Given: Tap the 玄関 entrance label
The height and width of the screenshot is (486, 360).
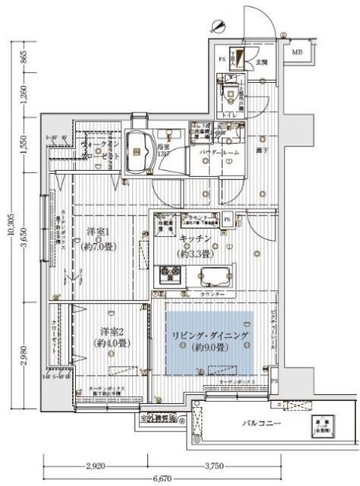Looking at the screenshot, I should click(261, 62).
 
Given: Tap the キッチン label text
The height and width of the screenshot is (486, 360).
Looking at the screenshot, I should click(200, 237).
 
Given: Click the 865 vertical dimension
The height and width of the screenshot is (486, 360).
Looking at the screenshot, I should click(24, 57).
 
